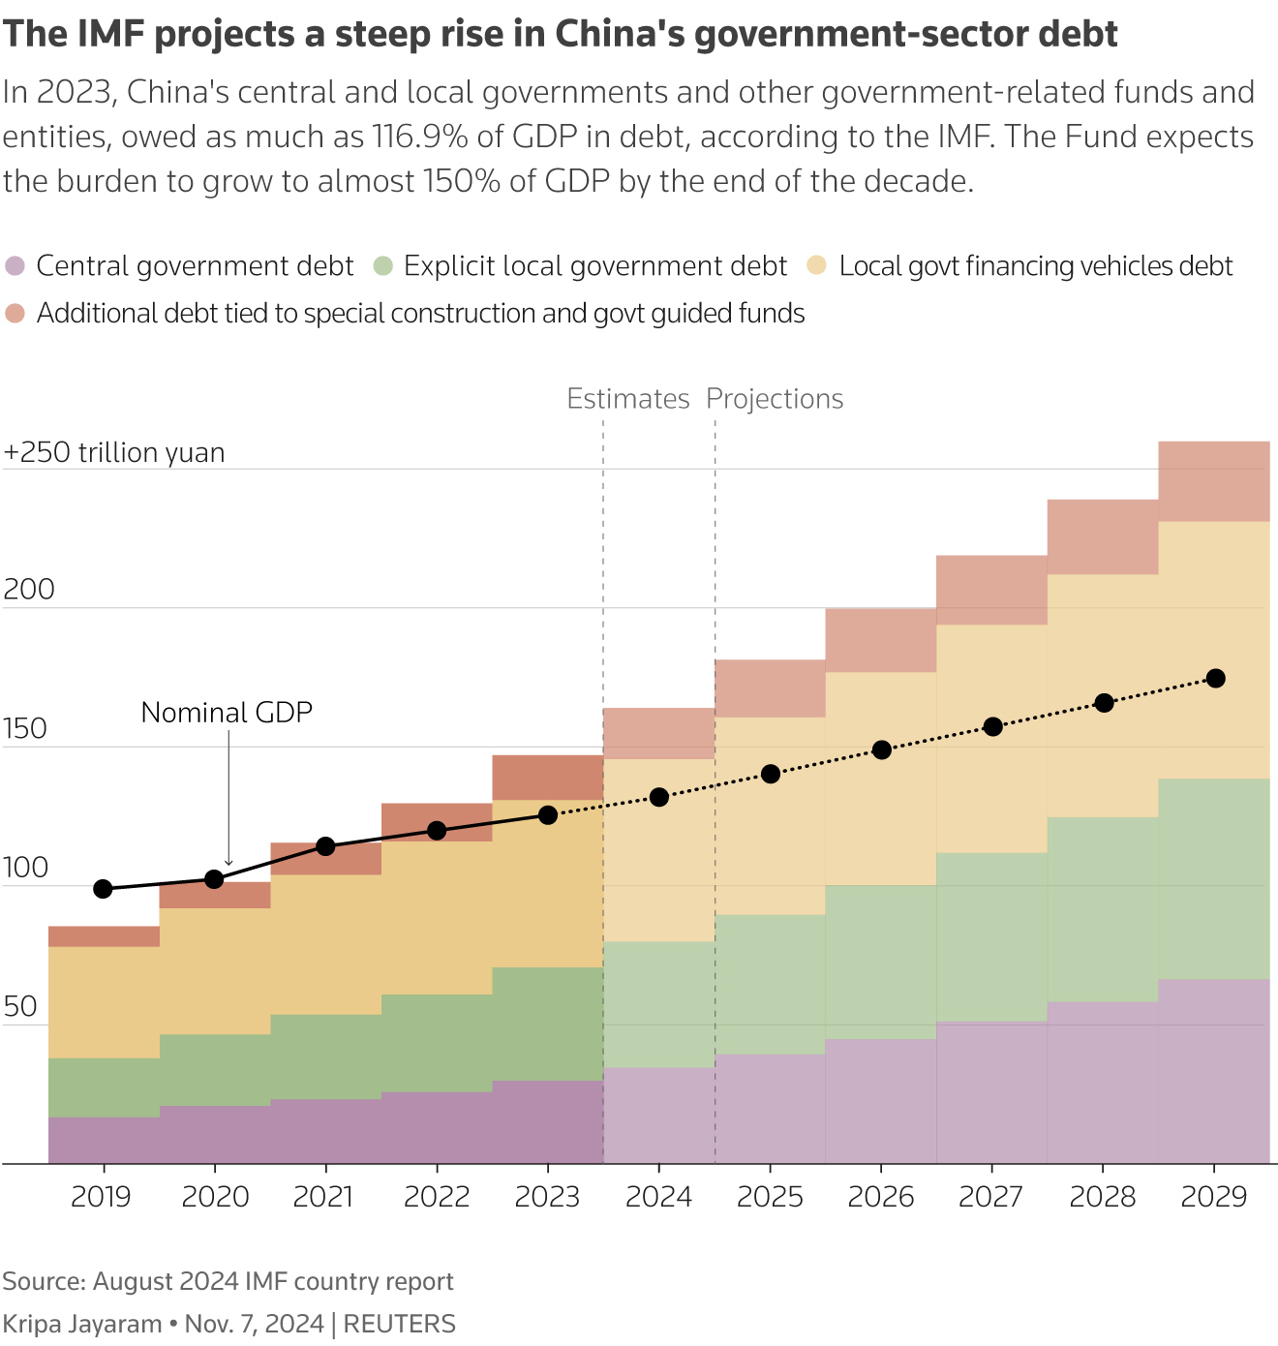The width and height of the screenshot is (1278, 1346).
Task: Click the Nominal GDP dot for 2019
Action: pyautogui.click(x=104, y=889)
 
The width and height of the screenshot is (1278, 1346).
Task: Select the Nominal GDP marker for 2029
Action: pyautogui.click(x=1216, y=678)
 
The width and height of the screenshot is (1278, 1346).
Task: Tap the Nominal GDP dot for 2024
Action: pyautogui.click(x=659, y=797)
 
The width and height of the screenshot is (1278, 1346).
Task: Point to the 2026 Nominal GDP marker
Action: pyautogui.click(x=882, y=749)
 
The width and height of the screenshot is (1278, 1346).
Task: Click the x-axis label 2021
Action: pyautogui.click(x=324, y=1197)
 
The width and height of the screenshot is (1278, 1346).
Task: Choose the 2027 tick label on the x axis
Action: pyautogui.click(x=991, y=1197)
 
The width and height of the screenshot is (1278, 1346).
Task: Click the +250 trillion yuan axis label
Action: pyautogui.click(x=114, y=452)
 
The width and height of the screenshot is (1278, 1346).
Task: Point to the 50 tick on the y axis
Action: pyautogui.click(x=20, y=1007)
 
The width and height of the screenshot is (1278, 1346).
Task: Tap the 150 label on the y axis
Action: pyautogui.click(x=25, y=728)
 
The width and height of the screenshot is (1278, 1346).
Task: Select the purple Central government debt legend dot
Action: pyautogui.click(x=15, y=265)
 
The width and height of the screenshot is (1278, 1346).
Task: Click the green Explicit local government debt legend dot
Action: pyautogui.click(x=383, y=265)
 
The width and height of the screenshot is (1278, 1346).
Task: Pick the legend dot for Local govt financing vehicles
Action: pyautogui.click(x=817, y=265)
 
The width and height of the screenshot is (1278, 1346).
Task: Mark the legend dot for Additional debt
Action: pyautogui.click(x=15, y=313)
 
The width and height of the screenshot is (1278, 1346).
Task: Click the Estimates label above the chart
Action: pyautogui.click(x=627, y=399)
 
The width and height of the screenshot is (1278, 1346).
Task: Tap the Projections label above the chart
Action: pyautogui.click(x=775, y=399)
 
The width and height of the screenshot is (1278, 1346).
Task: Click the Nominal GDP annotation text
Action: pyautogui.click(x=227, y=713)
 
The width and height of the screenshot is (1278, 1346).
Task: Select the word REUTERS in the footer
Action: pyautogui.click(x=400, y=1324)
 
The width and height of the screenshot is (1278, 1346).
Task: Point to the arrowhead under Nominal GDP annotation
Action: pyautogui.click(x=228, y=862)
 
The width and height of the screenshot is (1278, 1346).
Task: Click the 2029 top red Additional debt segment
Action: pyautogui.click(x=1214, y=481)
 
